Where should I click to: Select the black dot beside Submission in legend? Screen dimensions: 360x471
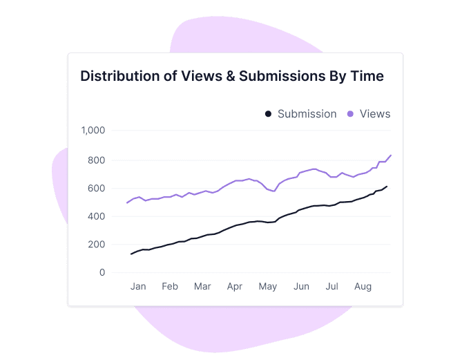[268, 114]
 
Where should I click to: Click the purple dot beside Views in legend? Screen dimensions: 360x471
[350, 114]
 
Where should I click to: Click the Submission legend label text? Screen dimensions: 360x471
[307, 114]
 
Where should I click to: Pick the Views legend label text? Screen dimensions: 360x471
[375, 114]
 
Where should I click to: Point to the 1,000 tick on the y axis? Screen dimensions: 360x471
[93, 131]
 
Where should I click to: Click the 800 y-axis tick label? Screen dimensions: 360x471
[97, 160]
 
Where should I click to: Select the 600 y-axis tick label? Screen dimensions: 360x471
[97, 189]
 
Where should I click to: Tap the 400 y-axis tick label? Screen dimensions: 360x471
[97, 217]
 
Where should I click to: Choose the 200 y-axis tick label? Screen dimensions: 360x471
[97, 245]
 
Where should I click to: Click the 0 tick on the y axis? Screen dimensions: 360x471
[102, 273]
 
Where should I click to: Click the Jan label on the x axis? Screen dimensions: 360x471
[138, 286]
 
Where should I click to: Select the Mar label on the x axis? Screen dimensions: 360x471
[202, 286]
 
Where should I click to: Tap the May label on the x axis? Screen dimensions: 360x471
[267, 286]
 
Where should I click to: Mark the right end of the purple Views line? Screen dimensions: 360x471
[391, 155]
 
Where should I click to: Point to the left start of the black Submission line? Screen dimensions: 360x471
[131, 254]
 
